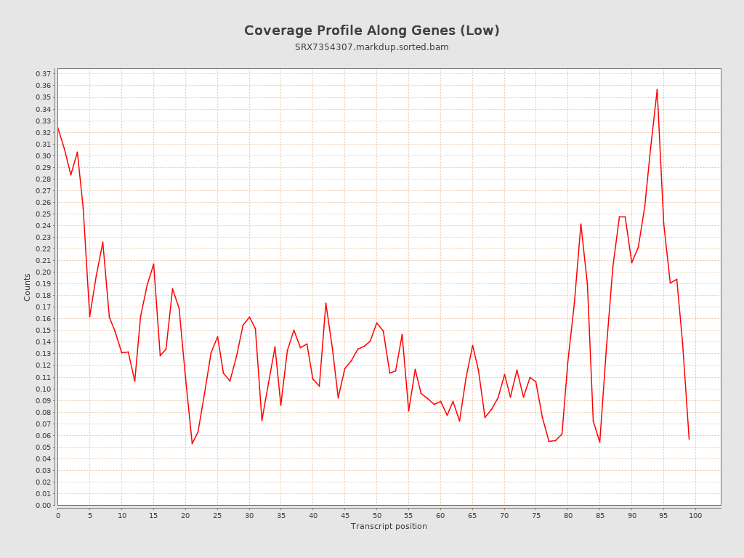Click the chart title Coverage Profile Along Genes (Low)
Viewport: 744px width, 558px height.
pyautogui.click(x=371, y=31)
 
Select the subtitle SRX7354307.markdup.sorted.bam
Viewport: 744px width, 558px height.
pyautogui.click(x=371, y=47)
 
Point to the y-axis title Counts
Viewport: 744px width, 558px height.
pyautogui.click(x=28, y=287)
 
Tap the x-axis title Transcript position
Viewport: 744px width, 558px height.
pyautogui.click(x=389, y=526)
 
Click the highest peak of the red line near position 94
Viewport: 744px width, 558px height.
pyautogui.click(x=657, y=89)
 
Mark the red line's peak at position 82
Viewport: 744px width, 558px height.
pyautogui.click(x=581, y=224)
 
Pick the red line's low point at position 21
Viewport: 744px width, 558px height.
pyautogui.click(x=192, y=443)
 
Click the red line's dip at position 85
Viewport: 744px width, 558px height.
pyautogui.click(x=599, y=442)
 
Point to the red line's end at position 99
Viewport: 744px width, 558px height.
pyautogui.click(x=689, y=439)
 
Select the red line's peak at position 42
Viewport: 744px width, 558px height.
pyautogui.click(x=325, y=303)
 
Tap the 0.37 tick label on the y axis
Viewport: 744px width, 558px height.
pyautogui.click(x=44, y=74)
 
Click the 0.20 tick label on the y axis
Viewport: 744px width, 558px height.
pyautogui.click(x=44, y=272)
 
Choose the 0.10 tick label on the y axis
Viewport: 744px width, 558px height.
pyautogui.click(x=44, y=389)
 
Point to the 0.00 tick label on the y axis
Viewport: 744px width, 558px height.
pyautogui.click(x=44, y=505)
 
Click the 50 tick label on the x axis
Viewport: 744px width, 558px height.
pyautogui.click(x=376, y=515)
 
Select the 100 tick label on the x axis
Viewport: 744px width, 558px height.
pyautogui.click(x=695, y=515)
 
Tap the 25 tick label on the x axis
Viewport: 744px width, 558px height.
pyautogui.click(x=217, y=515)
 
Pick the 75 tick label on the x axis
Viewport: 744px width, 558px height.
pyautogui.click(x=536, y=515)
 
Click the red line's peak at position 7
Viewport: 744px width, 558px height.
pyautogui.click(x=102, y=242)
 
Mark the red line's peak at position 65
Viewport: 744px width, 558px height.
pyautogui.click(x=472, y=345)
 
